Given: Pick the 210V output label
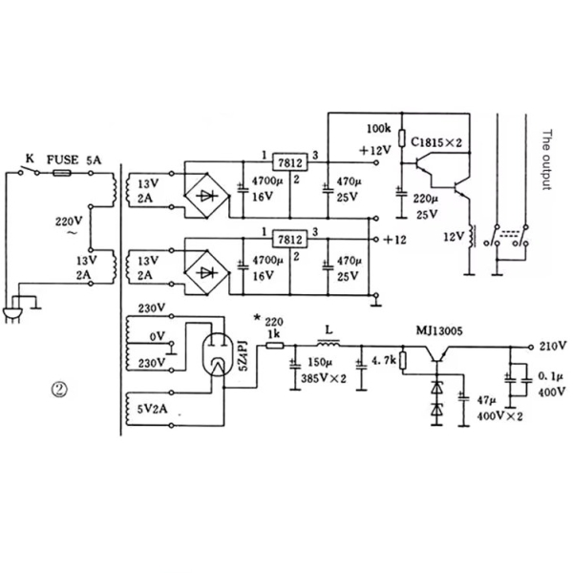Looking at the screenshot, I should pos(553,345).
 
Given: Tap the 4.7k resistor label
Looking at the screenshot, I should pos(382,361).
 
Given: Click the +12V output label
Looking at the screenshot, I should pos(375,151).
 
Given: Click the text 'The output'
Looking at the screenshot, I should pos(547,160).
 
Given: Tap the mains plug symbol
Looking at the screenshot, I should pos(15,316).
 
